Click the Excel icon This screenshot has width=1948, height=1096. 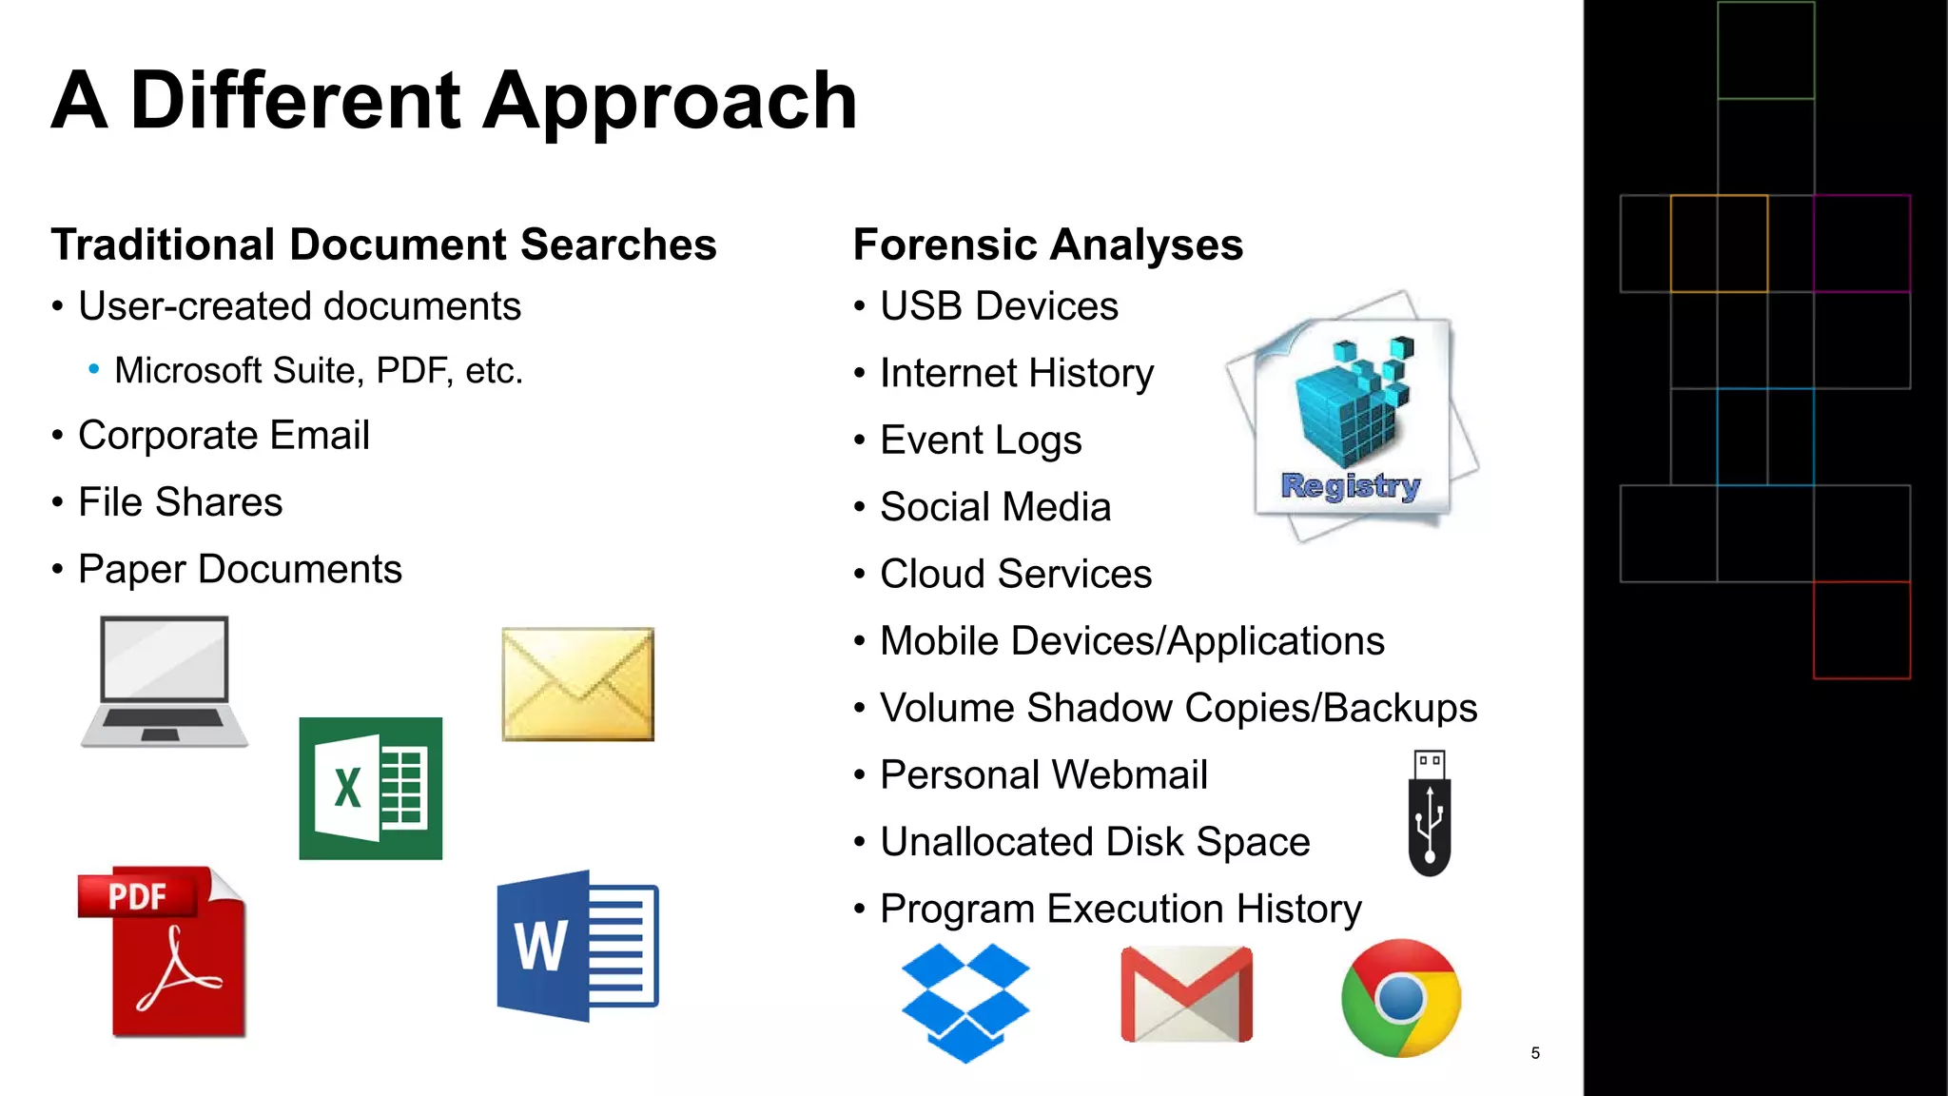click(x=370, y=788)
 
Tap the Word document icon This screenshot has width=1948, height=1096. click(x=577, y=946)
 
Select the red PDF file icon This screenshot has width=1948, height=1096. click(x=164, y=950)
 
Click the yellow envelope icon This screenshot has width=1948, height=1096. click(x=577, y=683)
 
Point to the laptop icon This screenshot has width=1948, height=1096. click(x=165, y=681)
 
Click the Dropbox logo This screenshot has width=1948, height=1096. click(x=964, y=1002)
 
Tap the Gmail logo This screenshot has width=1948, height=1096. click(x=1186, y=995)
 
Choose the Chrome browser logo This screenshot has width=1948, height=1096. click(x=1400, y=998)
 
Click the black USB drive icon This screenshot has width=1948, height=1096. click(x=1429, y=813)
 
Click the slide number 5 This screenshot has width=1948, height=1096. click(x=1535, y=1053)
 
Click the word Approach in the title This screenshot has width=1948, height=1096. click(x=670, y=102)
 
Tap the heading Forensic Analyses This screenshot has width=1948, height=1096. click(x=1047, y=245)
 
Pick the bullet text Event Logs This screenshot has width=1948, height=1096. click(x=980, y=440)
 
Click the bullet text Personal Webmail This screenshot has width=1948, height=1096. click(x=1043, y=774)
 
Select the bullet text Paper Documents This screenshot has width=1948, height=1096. click(x=240, y=569)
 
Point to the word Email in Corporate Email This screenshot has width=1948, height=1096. click(x=320, y=435)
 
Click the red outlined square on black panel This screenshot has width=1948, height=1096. click(x=1861, y=630)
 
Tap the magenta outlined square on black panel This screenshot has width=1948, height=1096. click(x=1861, y=244)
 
